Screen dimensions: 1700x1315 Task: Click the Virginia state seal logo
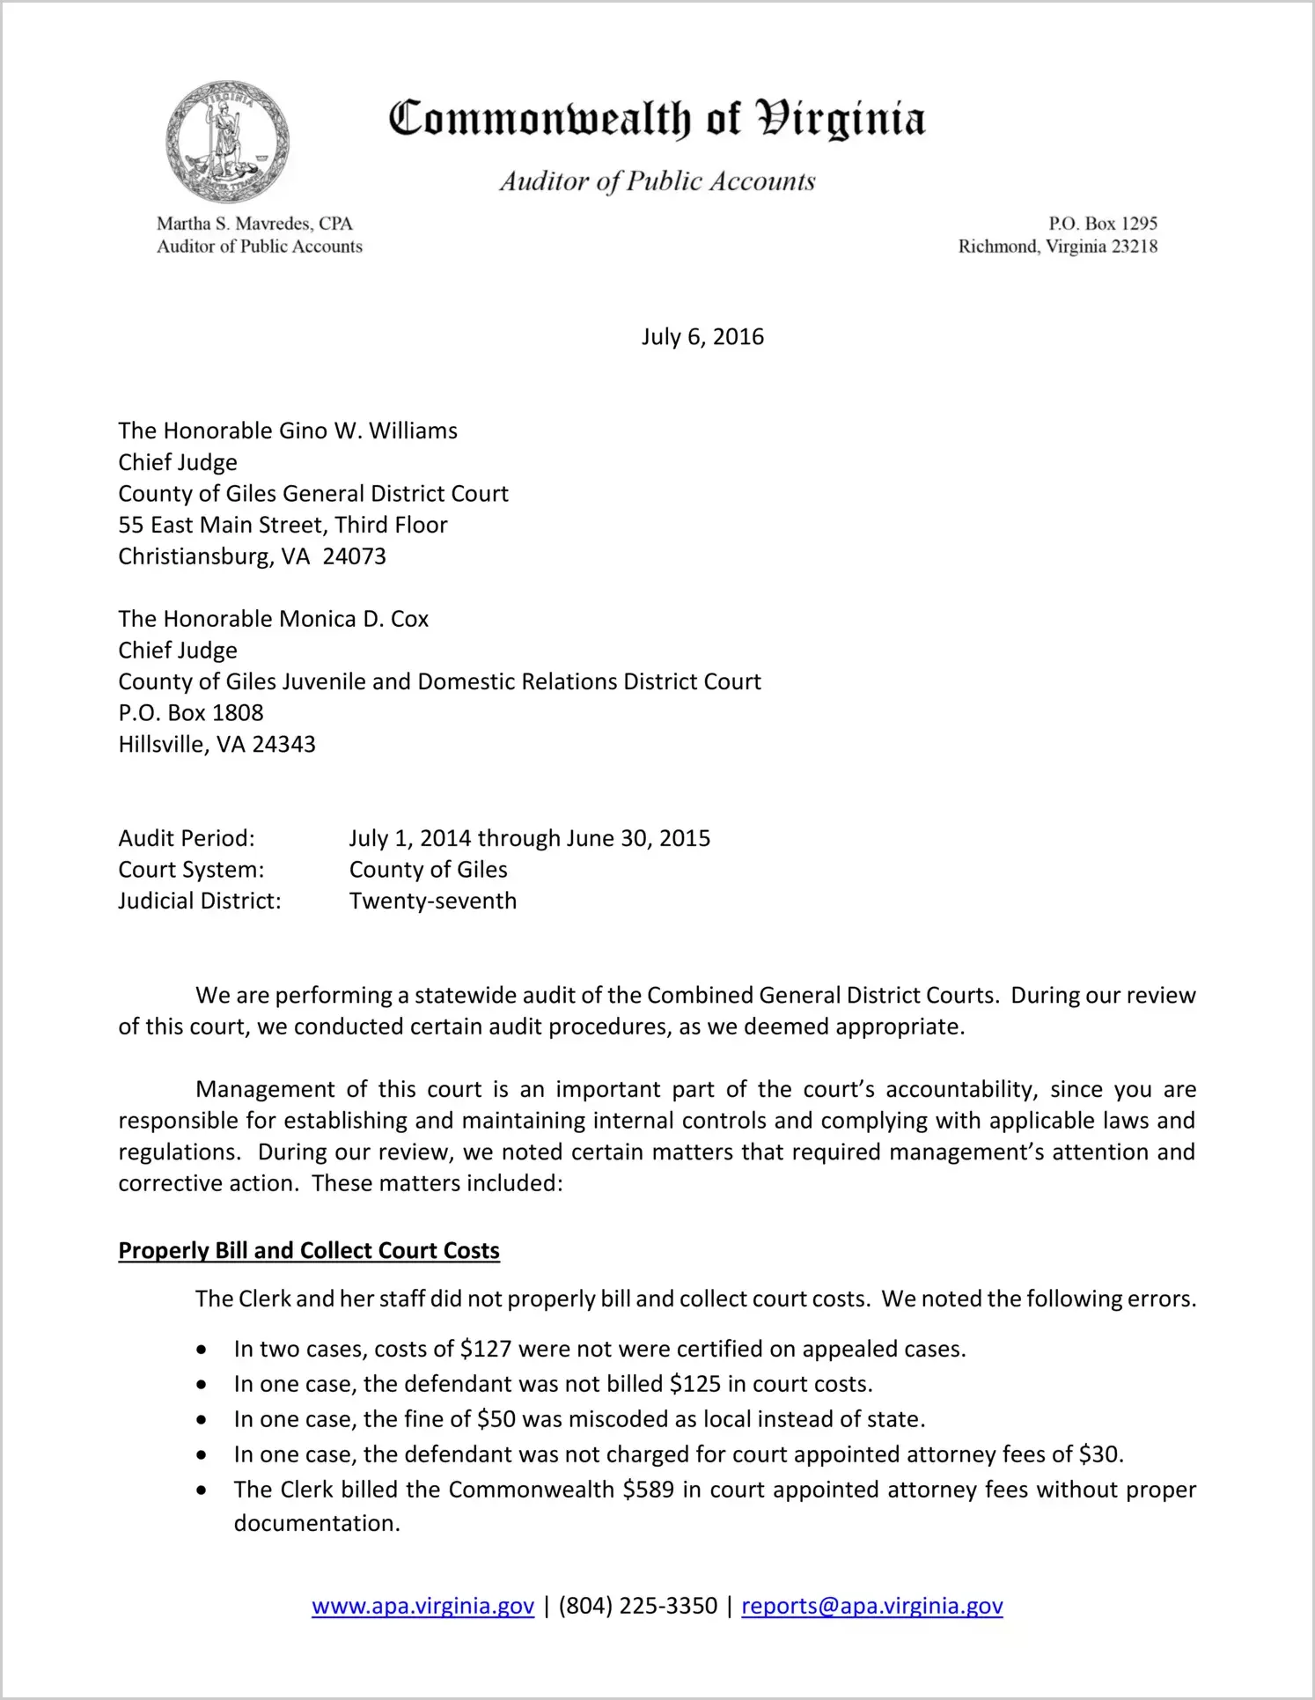coord(227,142)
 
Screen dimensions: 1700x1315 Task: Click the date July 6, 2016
coord(702,337)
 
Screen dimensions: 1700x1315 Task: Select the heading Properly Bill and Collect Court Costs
coord(309,1251)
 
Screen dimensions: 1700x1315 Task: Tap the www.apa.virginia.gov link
coord(422,1606)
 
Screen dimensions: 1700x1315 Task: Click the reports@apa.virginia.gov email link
coord(871,1606)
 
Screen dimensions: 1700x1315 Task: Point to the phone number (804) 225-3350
coord(637,1606)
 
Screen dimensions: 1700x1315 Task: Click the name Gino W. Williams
coord(368,431)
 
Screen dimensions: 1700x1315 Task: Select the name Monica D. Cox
coord(354,619)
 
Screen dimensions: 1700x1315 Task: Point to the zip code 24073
coord(354,556)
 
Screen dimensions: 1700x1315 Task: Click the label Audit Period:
coord(187,838)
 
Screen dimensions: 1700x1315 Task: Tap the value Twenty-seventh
coord(432,902)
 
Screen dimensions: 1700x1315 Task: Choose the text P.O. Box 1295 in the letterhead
coord(1102,224)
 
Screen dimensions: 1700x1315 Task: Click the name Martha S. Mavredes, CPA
coord(254,224)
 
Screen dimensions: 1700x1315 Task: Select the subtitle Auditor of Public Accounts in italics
coord(657,181)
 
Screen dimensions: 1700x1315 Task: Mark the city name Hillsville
coord(163,745)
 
